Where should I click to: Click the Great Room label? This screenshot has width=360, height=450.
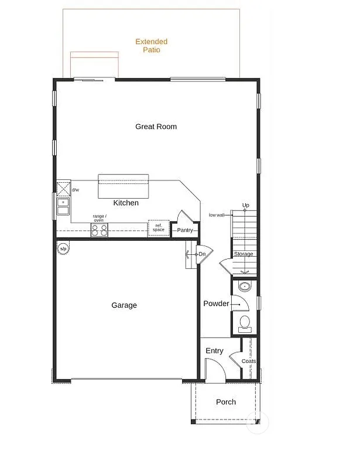click(156, 127)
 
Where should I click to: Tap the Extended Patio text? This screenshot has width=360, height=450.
click(151, 46)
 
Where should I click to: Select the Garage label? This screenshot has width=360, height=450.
click(124, 305)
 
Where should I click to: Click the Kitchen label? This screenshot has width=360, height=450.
click(126, 203)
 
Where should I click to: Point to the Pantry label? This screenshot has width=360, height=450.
click(185, 230)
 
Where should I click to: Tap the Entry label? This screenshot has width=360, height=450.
click(214, 351)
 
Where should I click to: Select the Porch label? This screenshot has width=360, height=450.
click(226, 402)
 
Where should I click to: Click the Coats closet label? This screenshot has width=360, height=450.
click(249, 361)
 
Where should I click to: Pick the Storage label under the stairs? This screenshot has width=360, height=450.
click(244, 254)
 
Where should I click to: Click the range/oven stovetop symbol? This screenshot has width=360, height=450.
click(99, 230)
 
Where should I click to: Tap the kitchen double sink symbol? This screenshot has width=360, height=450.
click(63, 206)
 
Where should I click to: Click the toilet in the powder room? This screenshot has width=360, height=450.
click(245, 322)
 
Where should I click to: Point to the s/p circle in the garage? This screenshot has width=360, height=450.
click(63, 248)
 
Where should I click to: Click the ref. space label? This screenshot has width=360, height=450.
click(158, 227)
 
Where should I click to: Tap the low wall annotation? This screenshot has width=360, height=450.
click(217, 215)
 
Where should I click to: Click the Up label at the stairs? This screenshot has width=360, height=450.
click(246, 205)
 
